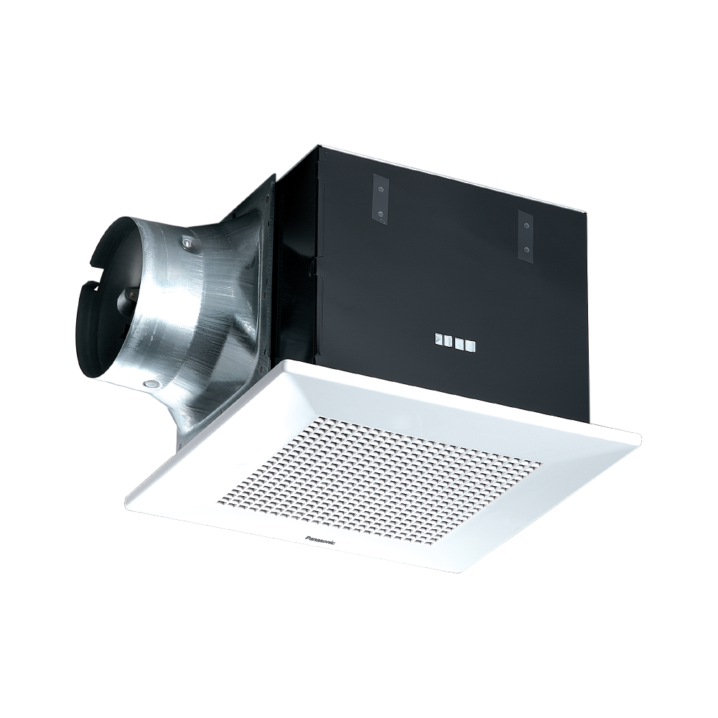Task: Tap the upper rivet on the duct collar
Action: [187, 244]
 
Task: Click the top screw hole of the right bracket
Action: [526, 225]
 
